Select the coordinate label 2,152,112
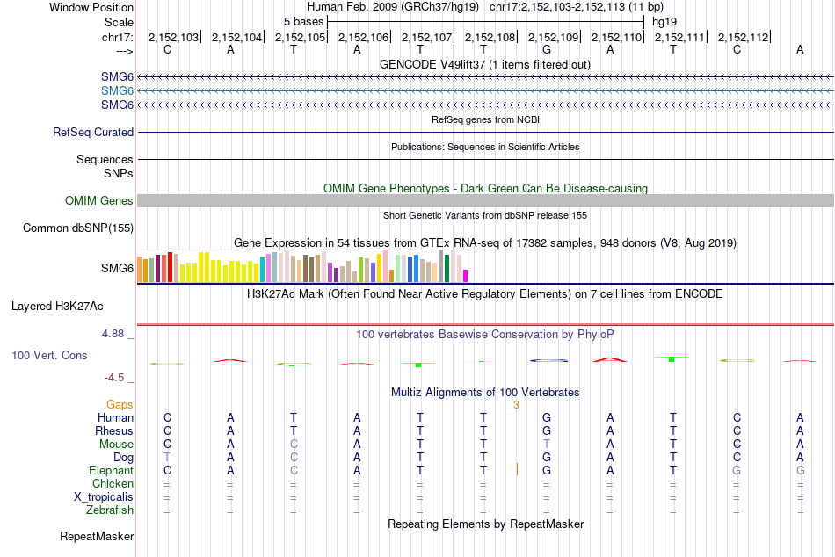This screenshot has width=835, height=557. (x=743, y=38)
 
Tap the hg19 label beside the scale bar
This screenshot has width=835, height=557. (x=664, y=21)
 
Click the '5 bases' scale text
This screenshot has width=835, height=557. (x=303, y=21)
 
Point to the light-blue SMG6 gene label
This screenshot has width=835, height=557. (x=117, y=91)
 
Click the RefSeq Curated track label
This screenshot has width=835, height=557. (x=93, y=133)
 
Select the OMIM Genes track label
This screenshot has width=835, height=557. (x=99, y=201)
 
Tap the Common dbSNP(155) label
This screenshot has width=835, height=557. (x=77, y=228)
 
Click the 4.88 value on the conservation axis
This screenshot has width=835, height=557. (x=114, y=334)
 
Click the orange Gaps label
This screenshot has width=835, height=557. (x=120, y=404)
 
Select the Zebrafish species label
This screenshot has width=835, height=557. (x=110, y=510)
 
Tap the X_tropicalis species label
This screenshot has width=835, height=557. (x=104, y=496)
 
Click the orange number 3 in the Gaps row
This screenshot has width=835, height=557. (x=517, y=404)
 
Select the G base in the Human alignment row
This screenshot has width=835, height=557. (x=547, y=417)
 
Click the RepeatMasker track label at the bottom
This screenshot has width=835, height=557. (x=97, y=536)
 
